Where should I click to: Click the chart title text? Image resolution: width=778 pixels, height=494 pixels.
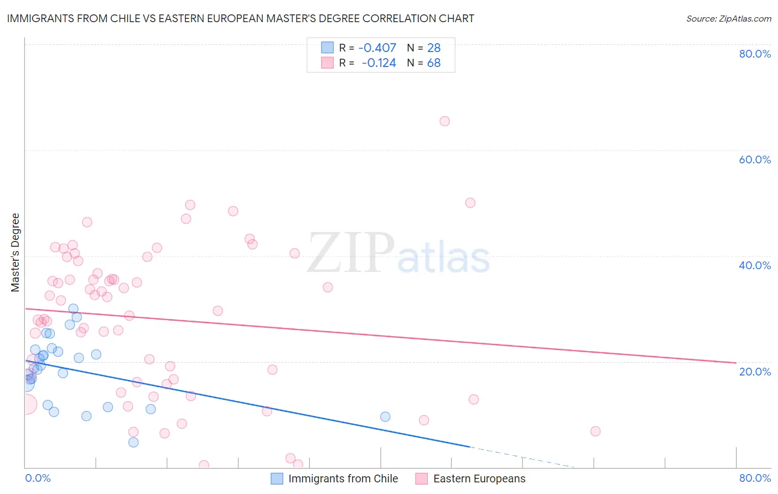point(240,18)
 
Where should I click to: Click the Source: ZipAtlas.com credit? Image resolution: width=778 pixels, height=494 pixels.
point(728,18)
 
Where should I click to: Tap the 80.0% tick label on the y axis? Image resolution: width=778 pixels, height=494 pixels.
point(755,54)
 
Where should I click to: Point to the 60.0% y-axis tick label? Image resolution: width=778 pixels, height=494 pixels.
point(755,159)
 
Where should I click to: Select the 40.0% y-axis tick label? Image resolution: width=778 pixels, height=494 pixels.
point(755,265)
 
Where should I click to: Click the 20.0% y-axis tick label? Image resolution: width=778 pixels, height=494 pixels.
point(755,372)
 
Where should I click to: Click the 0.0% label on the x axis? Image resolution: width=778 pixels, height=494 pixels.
point(38,478)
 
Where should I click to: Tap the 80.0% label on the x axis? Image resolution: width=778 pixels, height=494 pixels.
point(755,478)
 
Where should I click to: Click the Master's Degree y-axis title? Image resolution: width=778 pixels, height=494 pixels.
point(15,253)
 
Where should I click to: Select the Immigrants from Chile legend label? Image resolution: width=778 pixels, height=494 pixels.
point(343,478)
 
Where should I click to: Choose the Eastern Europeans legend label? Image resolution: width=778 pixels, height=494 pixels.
point(479,478)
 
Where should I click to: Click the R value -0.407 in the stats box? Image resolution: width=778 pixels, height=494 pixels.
point(377,48)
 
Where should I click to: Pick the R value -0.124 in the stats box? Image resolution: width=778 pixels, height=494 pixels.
point(378,63)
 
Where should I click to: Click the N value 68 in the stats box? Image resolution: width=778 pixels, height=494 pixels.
point(434,63)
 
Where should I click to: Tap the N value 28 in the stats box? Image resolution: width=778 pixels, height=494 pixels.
point(434,48)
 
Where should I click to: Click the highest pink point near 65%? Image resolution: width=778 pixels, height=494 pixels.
point(444,121)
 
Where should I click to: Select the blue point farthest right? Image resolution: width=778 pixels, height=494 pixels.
point(385,416)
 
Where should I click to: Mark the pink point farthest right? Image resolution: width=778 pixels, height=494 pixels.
point(595,431)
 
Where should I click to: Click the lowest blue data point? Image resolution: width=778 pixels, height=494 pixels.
point(133,442)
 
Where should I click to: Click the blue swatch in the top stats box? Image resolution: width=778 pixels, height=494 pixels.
point(328,48)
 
